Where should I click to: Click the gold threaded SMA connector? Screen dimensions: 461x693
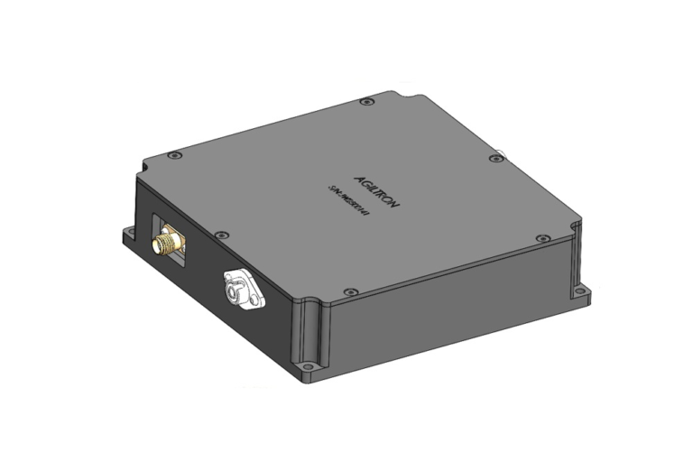click(x=167, y=243)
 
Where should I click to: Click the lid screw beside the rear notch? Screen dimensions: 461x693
click(x=365, y=103)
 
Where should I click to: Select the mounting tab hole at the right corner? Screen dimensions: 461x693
click(x=581, y=290)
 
